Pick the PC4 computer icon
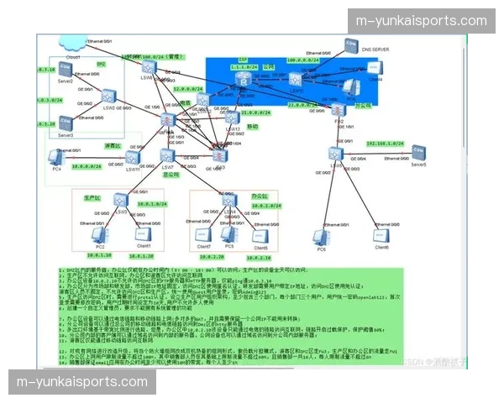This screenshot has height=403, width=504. click(x=57, y=157)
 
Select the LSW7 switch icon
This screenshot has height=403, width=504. click(x=167, y=155)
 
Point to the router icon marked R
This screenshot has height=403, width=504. click(x=243, y=78)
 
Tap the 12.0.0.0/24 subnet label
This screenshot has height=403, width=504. click(x=190, y=88)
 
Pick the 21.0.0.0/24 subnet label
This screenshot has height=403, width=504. click(x=253, y=112)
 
